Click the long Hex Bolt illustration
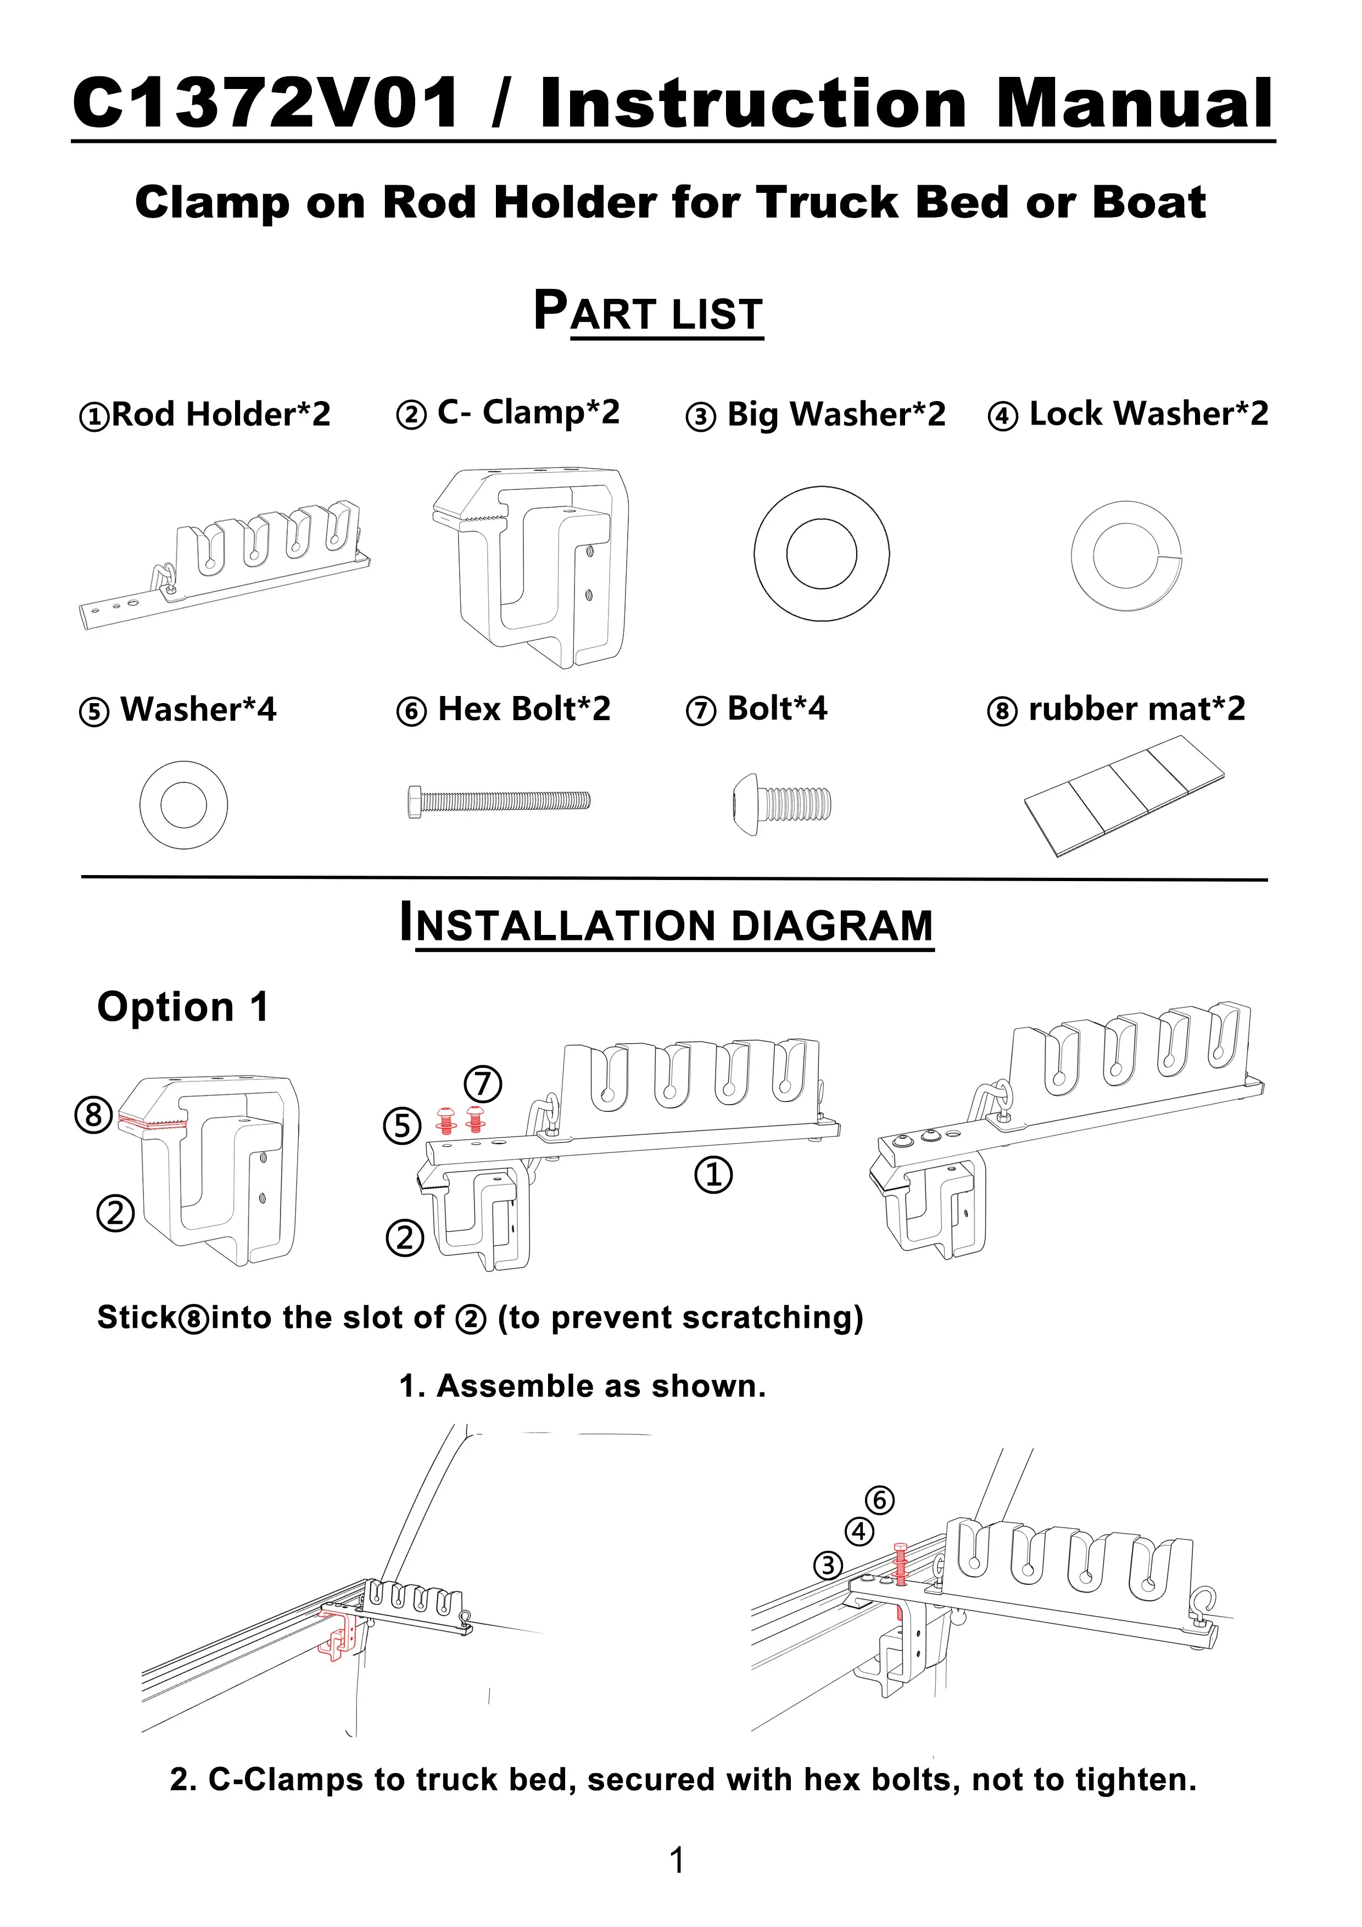[x=499, y=801]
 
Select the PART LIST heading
[x=648, y=312]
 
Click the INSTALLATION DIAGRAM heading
[x=666, y=924]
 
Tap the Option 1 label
[x=183, y=1006]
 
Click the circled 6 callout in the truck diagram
[x=879, y=1499]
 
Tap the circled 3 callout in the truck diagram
[x=828, y=1564]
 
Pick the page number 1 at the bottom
[x=677, y=1860]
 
